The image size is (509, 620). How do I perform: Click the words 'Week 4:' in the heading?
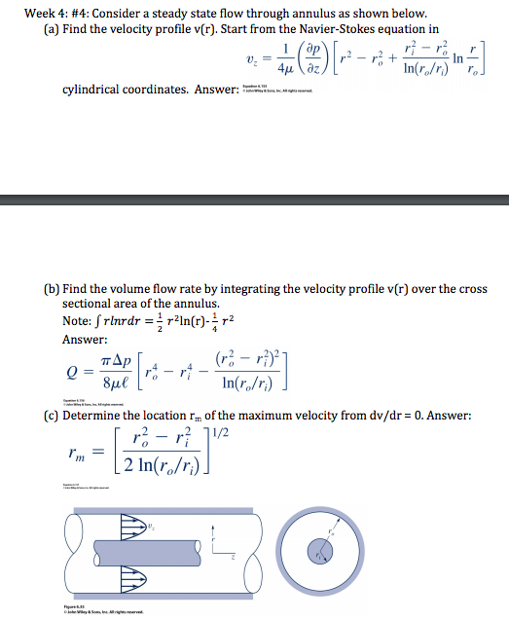click(28, 13)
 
